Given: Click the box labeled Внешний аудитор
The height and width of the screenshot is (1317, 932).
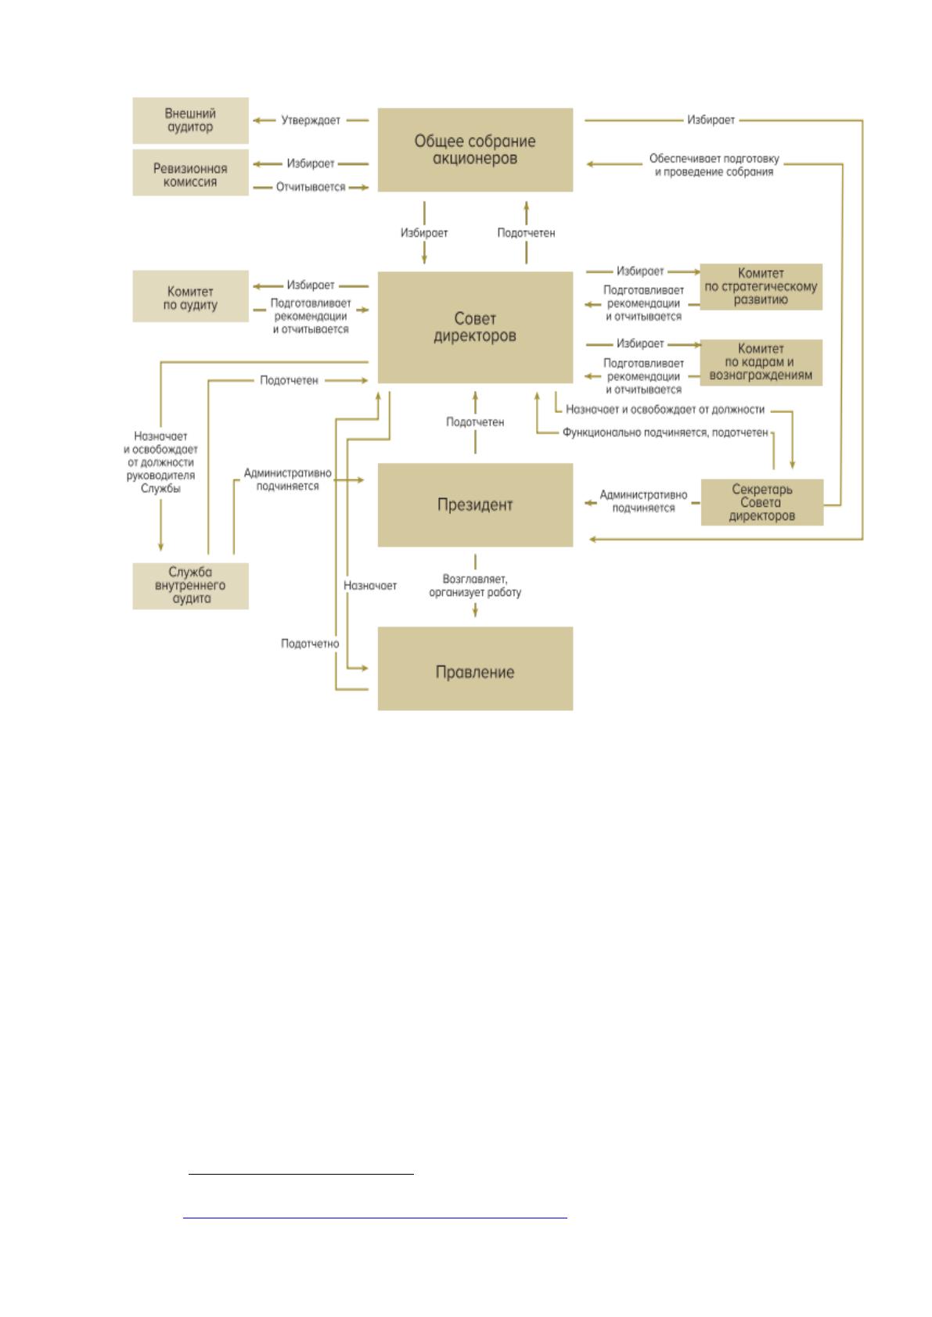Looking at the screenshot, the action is pos(190,120).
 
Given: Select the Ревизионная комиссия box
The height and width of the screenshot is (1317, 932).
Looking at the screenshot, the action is pos(190,172).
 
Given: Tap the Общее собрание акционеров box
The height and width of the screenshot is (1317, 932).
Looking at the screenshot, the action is pos(475,149).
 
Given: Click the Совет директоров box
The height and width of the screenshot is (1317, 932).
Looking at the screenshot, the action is pos(475,327).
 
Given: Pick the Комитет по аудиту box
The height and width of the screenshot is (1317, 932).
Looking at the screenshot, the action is pos(190,296).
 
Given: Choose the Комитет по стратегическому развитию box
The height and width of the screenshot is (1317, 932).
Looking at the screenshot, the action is pos(761,286).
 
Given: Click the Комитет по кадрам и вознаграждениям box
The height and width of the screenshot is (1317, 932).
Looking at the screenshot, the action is pos(761,362).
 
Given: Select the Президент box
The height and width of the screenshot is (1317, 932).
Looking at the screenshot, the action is pos(475,504).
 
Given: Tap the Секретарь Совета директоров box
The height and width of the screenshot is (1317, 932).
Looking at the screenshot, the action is pos(762,502).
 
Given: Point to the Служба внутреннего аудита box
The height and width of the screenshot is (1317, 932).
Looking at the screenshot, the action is pos(190,586).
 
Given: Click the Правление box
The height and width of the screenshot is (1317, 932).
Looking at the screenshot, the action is pos(475,669).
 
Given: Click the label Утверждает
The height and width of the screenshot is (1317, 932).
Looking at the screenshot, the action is pos(311,120).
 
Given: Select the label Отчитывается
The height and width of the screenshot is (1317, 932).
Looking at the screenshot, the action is pos(311,187).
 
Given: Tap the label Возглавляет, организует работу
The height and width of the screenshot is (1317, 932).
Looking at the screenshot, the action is pos(475,586).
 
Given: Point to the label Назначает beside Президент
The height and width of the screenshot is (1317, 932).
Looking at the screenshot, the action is pos(370,586).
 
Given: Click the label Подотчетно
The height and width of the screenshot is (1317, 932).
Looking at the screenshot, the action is pos(310,643).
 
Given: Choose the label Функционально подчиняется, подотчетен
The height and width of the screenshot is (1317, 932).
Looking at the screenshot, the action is pos(665,432).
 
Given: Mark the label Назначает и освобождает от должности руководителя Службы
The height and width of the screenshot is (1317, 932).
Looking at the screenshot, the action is pos(160,462).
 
